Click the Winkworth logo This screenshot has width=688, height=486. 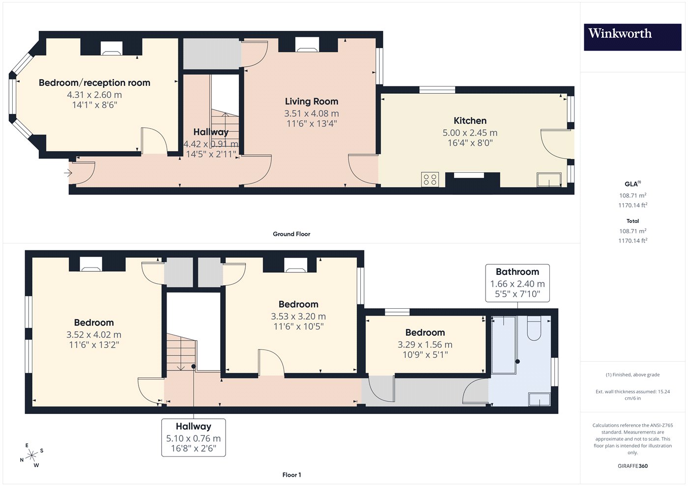click(632, 37)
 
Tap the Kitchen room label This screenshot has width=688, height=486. click(470, 121)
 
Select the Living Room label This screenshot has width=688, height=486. click(312, 101)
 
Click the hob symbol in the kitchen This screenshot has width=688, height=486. click(430, 180)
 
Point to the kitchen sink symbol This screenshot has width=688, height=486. click(549, 180)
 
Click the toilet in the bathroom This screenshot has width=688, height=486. click(534, 328)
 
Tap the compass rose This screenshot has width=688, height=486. click(31, 456)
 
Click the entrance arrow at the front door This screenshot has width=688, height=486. click(68, 173)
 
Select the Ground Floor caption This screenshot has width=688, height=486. click(291, 234)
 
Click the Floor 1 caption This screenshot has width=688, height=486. click(291, 475)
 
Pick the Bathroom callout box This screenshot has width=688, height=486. click(517, 283)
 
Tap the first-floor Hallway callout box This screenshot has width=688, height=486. click(194, 437)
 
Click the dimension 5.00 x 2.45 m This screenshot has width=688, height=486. click(470, 133)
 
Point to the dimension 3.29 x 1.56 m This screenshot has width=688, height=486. click(425, 345)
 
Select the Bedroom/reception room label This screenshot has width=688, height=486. click(94, 83)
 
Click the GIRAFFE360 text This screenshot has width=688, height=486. click(633, 466)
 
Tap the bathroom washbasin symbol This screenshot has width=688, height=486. click(540, 399)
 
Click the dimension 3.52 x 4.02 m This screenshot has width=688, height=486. click(94, 335)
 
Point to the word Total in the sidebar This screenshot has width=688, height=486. click(633, 221)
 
